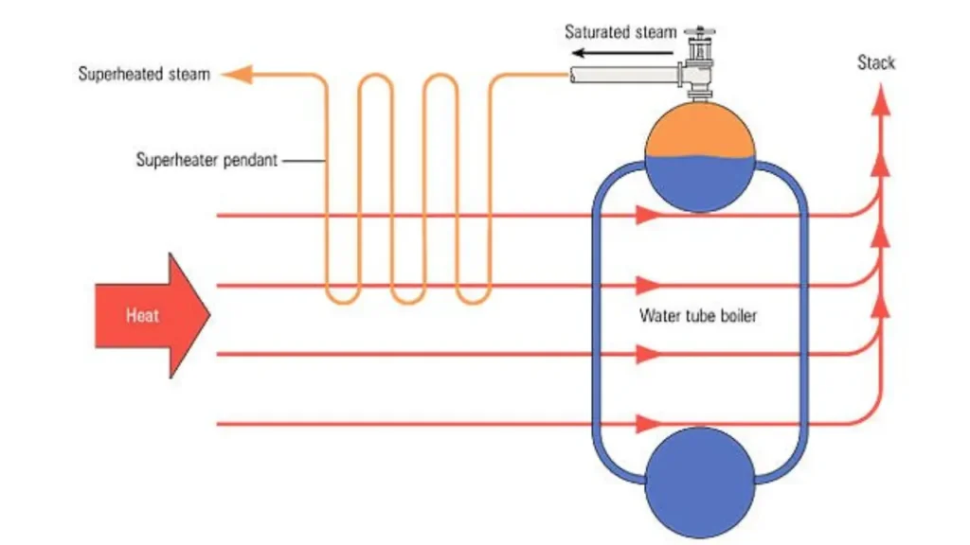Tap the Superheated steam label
(x=144, y=74)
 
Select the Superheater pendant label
(x=207, y=160)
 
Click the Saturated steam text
(x=620, y=31)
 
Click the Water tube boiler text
(x=698, y=316)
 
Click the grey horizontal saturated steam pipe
(x=625, y=74)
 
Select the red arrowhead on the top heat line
(x=648, y=216)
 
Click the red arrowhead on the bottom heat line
(x=648, y=423)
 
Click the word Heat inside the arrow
(x=141, y=316)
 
